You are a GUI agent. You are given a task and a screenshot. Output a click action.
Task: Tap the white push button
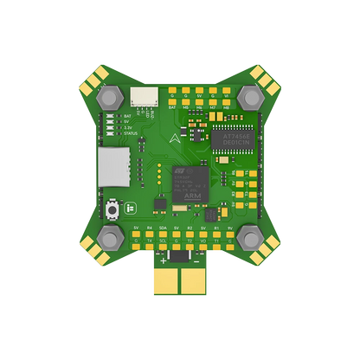click(x=112, y=209)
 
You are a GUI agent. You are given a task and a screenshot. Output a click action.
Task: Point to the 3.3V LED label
click(x=128, y=127)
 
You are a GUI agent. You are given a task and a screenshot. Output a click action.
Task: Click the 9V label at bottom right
click(x=229, y=228)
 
